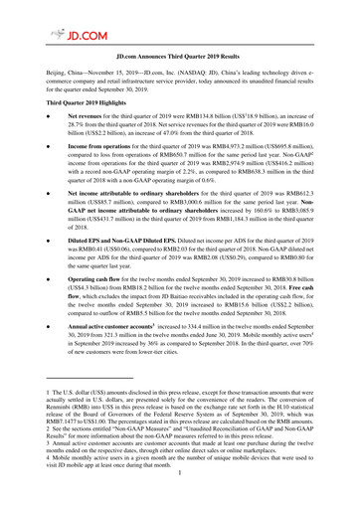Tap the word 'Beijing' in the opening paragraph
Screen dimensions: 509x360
[x=41, y=75]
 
